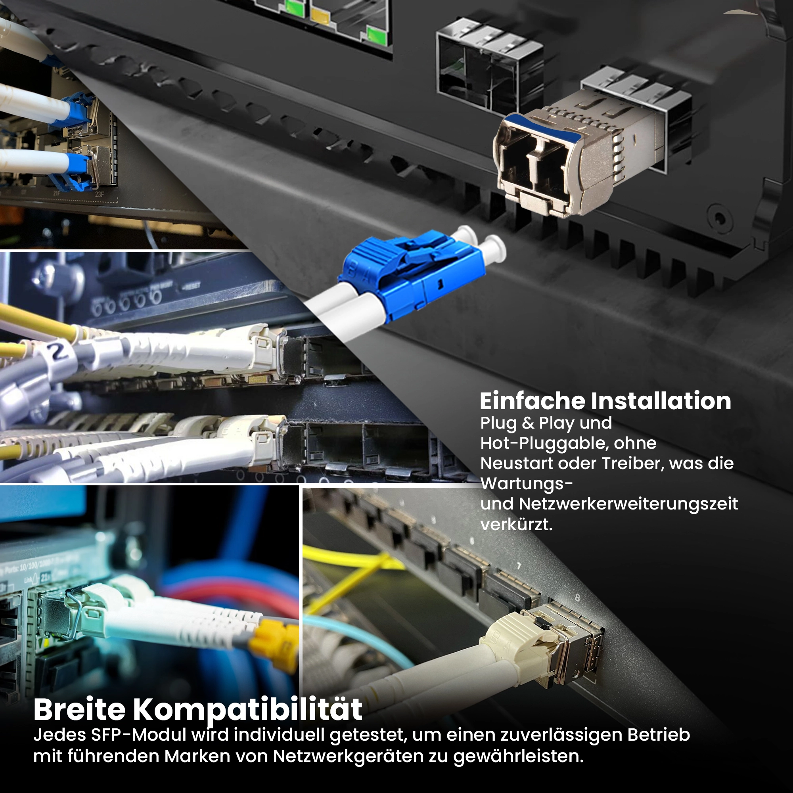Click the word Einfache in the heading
pos(532,401)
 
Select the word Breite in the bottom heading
pos(79,709)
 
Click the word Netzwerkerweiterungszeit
pos(628,504)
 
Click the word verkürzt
pos(516,524)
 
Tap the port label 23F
pos(100,194)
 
